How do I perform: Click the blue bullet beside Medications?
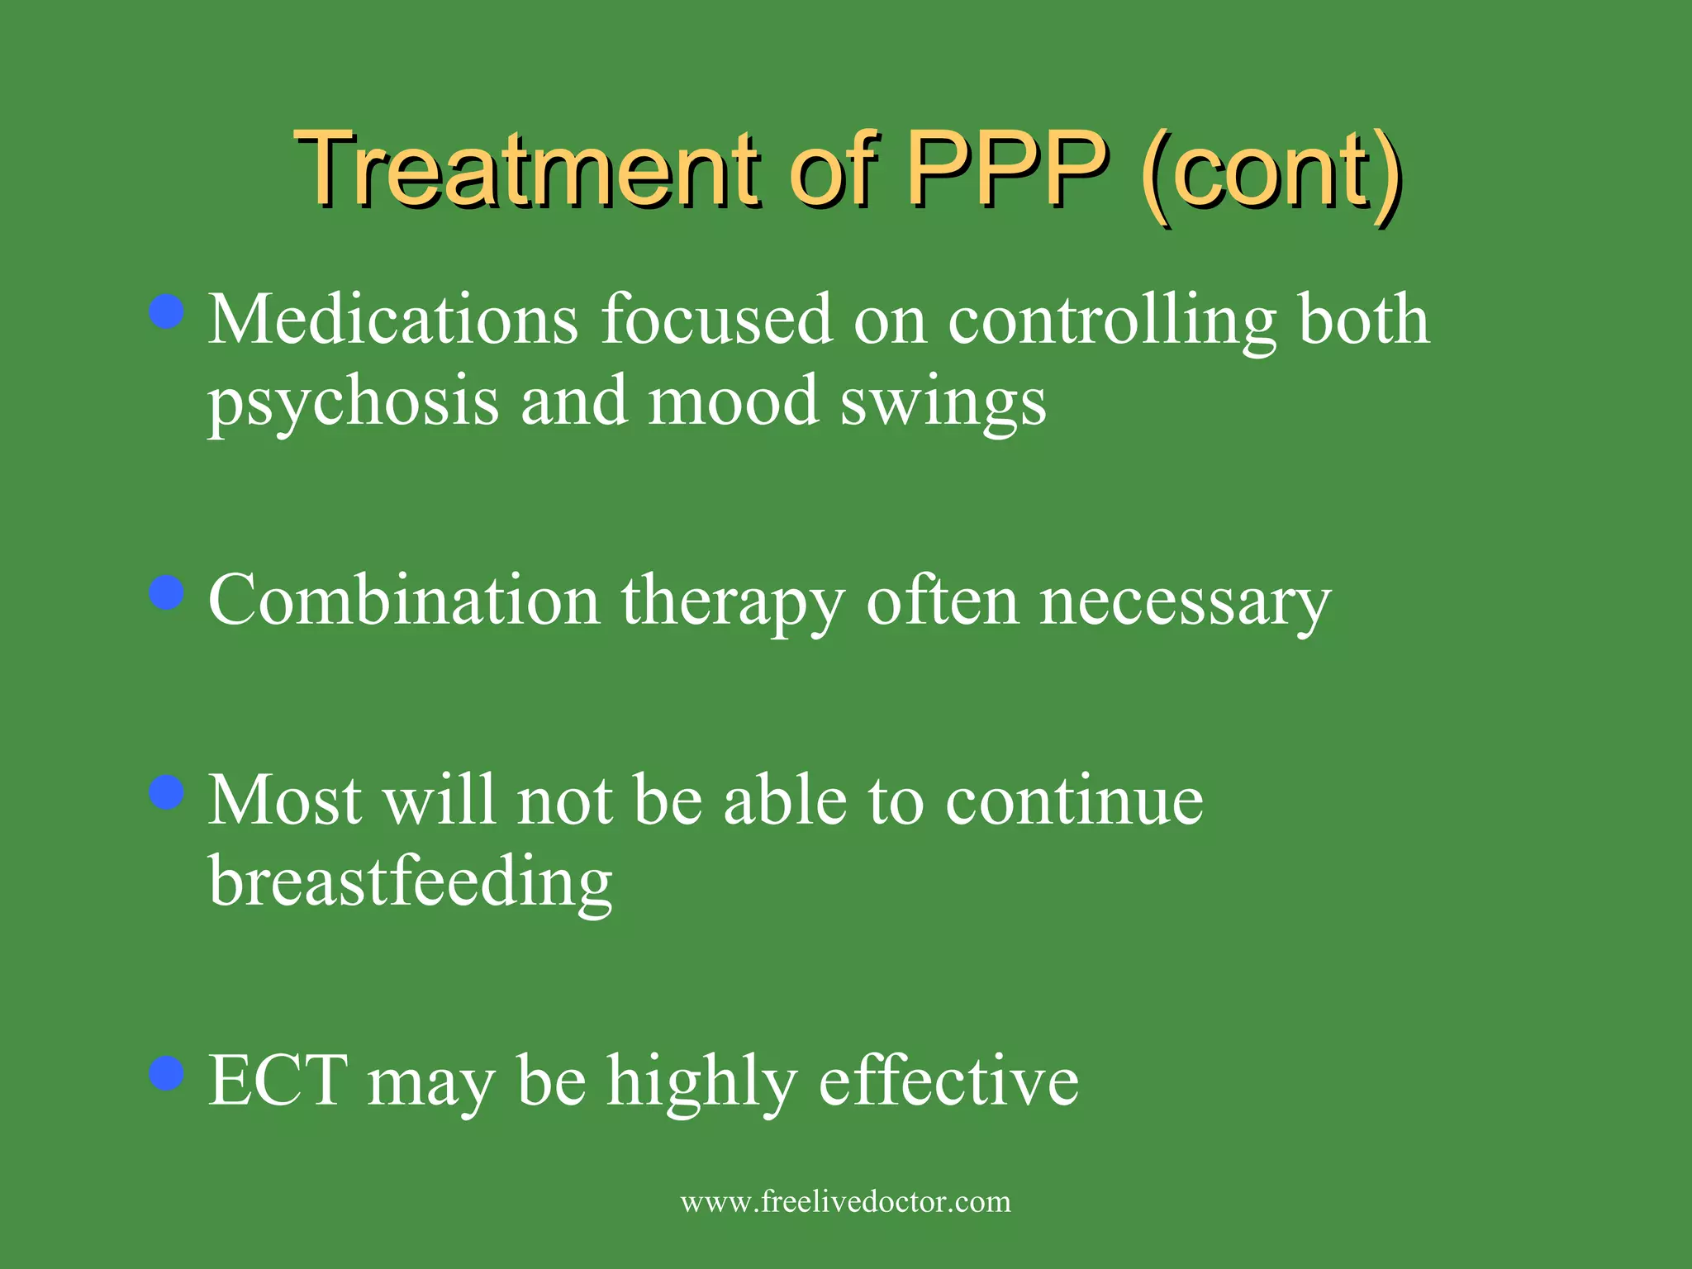point(168,312)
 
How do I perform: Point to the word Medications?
point(393,321)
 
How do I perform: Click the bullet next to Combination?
point(168,593)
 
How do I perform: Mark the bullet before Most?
point(168,793)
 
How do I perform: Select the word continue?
point(1074,801)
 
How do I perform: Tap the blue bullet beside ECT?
point(168,1073)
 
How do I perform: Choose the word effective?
point(948,1081)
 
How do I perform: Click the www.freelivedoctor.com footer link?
point(845,1202)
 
